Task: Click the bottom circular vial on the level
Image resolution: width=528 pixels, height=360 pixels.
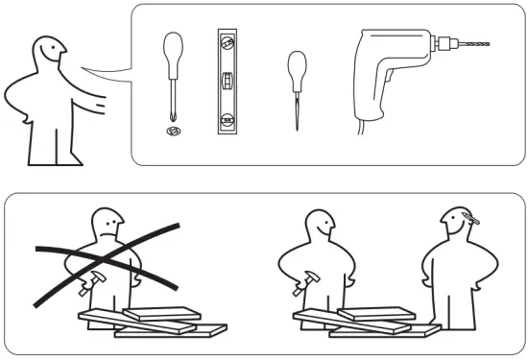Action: pyautogui.click(x=227, y=120)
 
